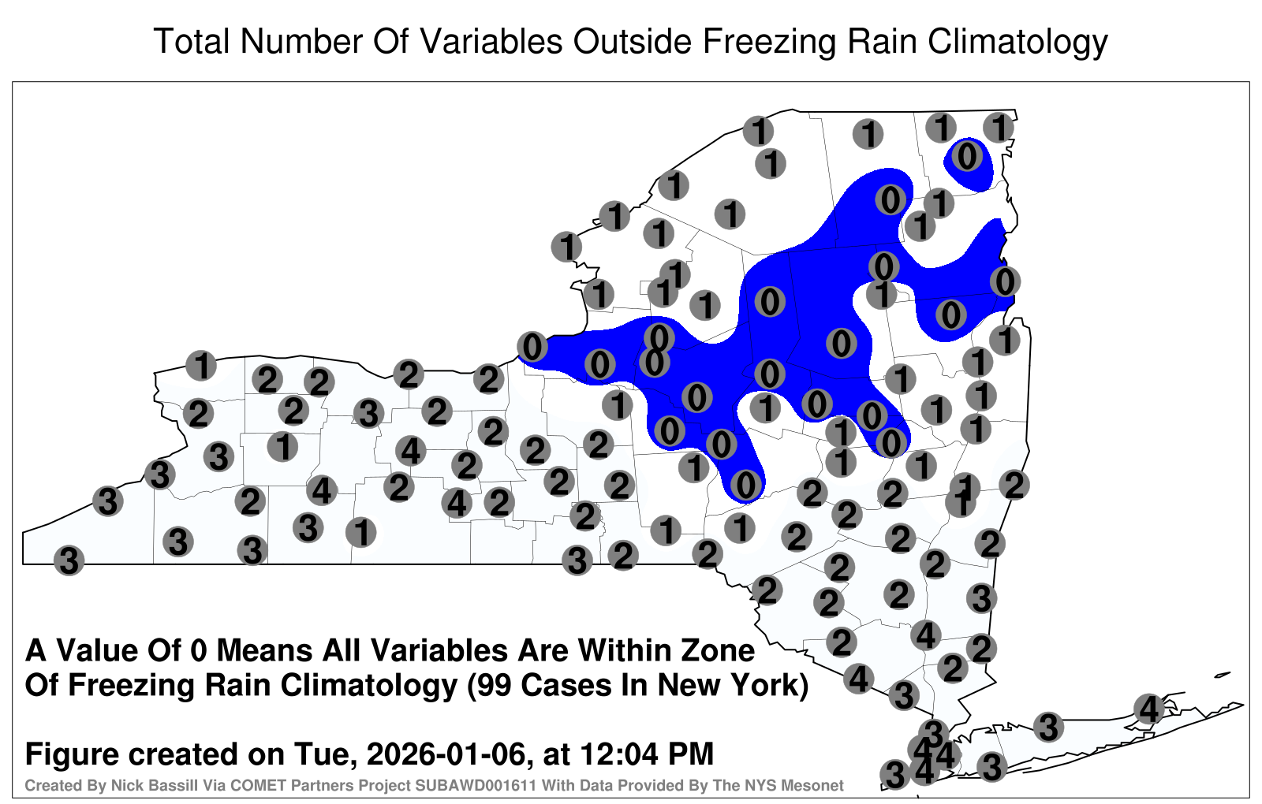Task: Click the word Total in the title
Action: pyautogui.click(x=192, y=41)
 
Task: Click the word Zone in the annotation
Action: pyautogui.click(x=718, y=651)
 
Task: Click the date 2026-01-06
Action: pyautogui.click(x=446, y=754)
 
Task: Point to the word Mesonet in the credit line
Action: pyautogui.click(x=816, y=785)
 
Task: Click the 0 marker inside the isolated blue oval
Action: pyautogui.click(x=967, y=157)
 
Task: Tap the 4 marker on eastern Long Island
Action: pyautogui.click(x=1148, y=709)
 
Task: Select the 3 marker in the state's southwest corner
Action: pyautogui.click(x=69, y=560)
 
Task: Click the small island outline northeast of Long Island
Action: pyautogui.click(x=1223, y=675)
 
